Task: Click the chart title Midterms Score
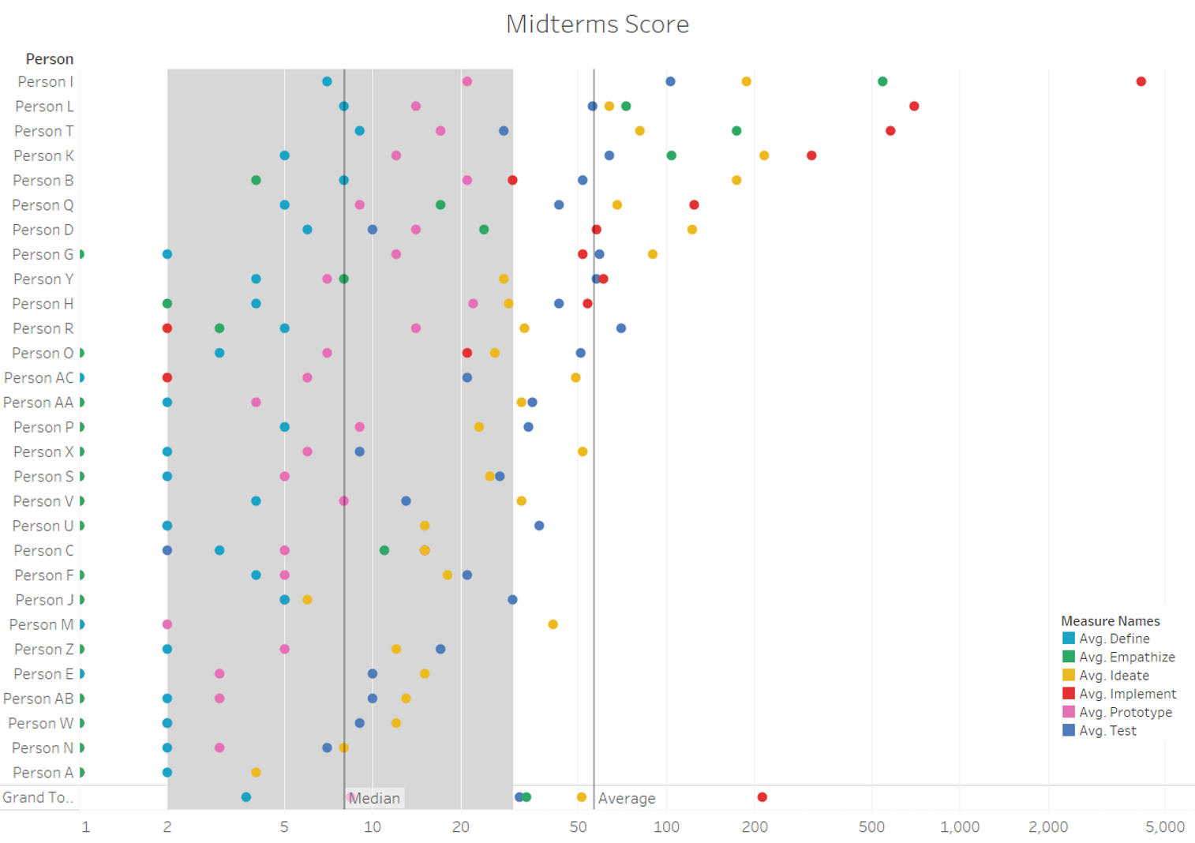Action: click(597, 24)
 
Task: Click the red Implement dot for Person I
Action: click(1141, 81)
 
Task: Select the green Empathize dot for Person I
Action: click(882, 81)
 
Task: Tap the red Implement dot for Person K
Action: click(811, 155)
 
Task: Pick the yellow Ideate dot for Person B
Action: click(736, 180)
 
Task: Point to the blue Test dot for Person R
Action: click(621, 328)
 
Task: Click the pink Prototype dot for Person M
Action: click(167, 624)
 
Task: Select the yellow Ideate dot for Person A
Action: click(256, 772)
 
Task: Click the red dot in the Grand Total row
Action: click(762, 797)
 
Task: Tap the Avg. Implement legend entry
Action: click(1127, 694)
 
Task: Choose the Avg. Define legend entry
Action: click(1114, 639)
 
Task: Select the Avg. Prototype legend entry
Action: click(1125, 712)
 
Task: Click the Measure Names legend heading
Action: click(1110, 621)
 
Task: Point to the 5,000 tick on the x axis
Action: click(1165, 826)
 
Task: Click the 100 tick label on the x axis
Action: click(666, 826)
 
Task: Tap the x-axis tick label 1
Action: click(86, 826)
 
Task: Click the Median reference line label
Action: click(374, 798)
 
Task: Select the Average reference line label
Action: click(627, 798)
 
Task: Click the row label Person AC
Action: click(39, 378)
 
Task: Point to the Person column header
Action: click(49, 59)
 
